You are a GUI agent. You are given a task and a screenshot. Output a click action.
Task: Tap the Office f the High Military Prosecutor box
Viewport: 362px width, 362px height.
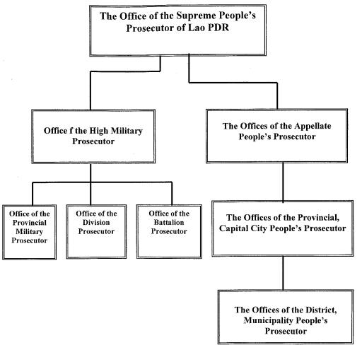pyautogui.click(x=93, y=136)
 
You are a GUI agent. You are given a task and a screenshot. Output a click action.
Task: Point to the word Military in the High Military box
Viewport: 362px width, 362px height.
pyautogui.click(x=127, y=131)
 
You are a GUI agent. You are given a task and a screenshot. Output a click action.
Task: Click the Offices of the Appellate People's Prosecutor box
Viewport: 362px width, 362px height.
pyautogui.click(x=276, y=136)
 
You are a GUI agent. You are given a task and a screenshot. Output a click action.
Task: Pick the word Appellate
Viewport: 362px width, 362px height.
pyautogui.click(x=313, y=126)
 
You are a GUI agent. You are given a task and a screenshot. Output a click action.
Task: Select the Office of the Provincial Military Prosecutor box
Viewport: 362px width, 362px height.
pyautogui.click(x=29, y=232)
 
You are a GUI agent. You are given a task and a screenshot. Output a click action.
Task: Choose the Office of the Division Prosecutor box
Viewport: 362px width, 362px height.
pyautogui.click(x=96, y=231)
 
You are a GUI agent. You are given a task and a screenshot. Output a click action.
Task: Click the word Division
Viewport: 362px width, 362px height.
pyautogui.click(x=96, y=223)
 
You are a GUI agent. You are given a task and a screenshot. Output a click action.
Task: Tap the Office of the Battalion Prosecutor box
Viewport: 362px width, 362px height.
pyautogui.click(x=169, y=231)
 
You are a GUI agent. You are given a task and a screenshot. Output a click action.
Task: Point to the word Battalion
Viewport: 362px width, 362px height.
pyautogui.click(x=169, y=223)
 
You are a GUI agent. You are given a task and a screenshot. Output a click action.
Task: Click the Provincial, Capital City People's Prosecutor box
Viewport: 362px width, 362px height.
pyautogui.click(x=283, y=228)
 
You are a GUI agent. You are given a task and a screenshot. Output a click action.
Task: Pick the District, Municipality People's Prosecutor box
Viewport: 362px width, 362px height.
pyautogui.click(x=286, y=317)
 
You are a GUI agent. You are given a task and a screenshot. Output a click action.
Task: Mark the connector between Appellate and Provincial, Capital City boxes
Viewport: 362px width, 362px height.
pyautogui.click(x=283, y=182)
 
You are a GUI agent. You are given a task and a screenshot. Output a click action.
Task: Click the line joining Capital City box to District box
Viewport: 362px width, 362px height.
pyautogui.click(x=283, y=273)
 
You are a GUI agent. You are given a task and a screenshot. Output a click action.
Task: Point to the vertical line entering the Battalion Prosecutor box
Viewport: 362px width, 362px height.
pyautogui.click(x=172, y=193)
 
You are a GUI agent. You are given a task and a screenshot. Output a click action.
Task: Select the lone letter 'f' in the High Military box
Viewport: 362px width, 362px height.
pyautogui.click(x=71, y=131)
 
